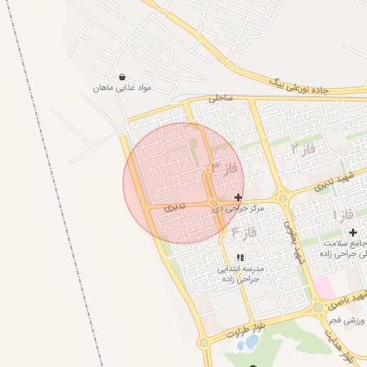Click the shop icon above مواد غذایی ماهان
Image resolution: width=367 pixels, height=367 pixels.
[x=122, y=77]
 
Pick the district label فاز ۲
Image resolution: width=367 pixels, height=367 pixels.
[x=304, y=149]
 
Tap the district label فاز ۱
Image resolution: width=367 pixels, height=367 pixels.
[x=344, y=214]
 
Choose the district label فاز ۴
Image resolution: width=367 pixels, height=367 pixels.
[x=244, y=232]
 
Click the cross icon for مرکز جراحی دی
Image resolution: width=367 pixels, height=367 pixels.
[x=238, y=196]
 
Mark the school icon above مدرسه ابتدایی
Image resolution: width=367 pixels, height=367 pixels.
[x=240, y=257]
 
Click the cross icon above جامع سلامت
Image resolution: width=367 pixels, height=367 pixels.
[x=353, y=232]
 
